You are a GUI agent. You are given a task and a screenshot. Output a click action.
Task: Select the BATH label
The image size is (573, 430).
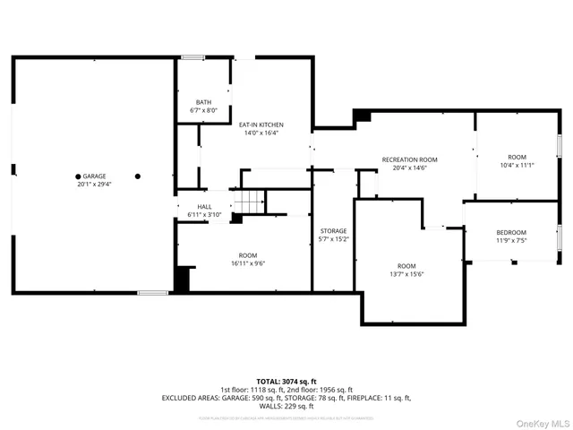pos(204,102)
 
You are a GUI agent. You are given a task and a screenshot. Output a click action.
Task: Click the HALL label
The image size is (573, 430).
pos(204,207)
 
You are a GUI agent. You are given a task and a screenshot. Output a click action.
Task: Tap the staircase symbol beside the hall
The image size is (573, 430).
pos(250,202)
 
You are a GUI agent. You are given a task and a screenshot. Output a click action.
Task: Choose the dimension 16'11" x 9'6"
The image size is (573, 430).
pos(247,263)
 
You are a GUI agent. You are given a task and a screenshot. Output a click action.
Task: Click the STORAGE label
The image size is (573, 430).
pos(334,231)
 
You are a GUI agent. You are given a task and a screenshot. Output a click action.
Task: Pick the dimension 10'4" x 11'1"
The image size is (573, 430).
pos(517,165)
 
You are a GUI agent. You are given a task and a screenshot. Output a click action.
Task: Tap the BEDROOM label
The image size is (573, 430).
pos(511,233)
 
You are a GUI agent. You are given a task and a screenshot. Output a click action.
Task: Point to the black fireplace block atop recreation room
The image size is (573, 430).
pos(363,116)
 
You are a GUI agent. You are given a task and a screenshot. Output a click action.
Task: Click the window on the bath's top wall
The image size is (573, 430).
pos(192,58)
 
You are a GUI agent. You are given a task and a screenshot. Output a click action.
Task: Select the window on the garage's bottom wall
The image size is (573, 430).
pos(151,292)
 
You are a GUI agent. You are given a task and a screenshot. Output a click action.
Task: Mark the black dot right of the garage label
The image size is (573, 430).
pos(138,176)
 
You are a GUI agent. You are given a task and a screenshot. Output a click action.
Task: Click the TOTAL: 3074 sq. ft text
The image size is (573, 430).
pos(286,381)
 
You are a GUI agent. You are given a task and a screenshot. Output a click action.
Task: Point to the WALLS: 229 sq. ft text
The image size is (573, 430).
pos(286,405)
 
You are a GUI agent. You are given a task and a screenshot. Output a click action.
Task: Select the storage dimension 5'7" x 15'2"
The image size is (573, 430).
pos(334,240)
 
